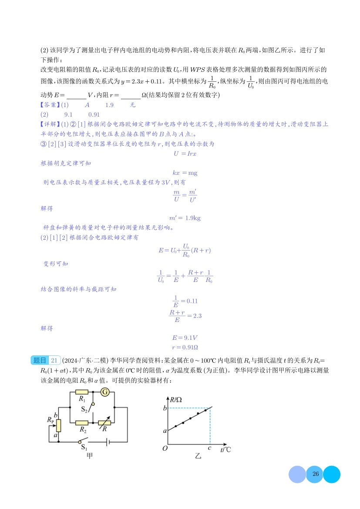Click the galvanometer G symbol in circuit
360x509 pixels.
click(x=104, y=392)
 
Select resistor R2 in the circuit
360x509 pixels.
click(x=82, y=422)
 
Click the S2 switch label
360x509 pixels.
click(x=85, y=409)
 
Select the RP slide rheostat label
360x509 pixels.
click(x=50, y=420)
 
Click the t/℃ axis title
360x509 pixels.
click(x=225, y=449)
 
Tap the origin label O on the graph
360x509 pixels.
click(x=165, y=448)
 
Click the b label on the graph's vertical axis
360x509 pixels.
click(x=165, y=408)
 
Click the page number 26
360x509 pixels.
click(x=316, y=474)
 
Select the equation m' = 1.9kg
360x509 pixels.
click(x=185, y=218)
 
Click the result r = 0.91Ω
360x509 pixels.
click(x=185, y=347)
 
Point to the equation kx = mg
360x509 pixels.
click(x=185, y=173)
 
